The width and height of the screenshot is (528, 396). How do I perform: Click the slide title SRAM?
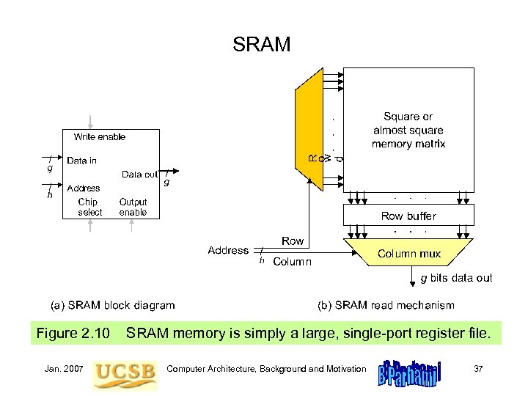pyautogui.click(x=262, y=45)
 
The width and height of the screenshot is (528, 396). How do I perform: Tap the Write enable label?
pyautogui.click(x=99, y=137)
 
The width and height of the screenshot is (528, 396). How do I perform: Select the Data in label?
pyautogui.click(x=81, y=161)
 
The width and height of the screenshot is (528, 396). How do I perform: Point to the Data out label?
pyautogui.click(x=139, y=175)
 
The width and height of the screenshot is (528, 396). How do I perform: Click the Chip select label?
pyautogui.click(x=89, y=207)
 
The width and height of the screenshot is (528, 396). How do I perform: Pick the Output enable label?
pyautogui.click(x=133, y=207)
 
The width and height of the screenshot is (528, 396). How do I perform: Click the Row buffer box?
pyautogui.click(x=408, y=216)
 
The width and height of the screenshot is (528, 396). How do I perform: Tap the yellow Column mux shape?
pyautogui.click(x=408, y=254)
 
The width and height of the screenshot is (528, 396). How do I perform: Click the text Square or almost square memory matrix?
pyautogui.click(x=408, y=131)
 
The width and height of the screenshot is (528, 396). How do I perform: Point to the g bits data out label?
pyautogui.click(x=455, y=278)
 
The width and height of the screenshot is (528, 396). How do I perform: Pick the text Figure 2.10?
pyautogui.click(x=73, y=334)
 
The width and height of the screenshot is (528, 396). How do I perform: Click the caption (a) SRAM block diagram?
pyautogui.click(x=111, y=305)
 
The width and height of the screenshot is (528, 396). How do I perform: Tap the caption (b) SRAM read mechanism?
pyautogui.click(x=385, y=305)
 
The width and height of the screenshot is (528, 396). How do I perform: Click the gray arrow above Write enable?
pyautogui.click(x=90, y=122)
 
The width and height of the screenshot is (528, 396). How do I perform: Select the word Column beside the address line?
pyautogui.click(x=292, y=262)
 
